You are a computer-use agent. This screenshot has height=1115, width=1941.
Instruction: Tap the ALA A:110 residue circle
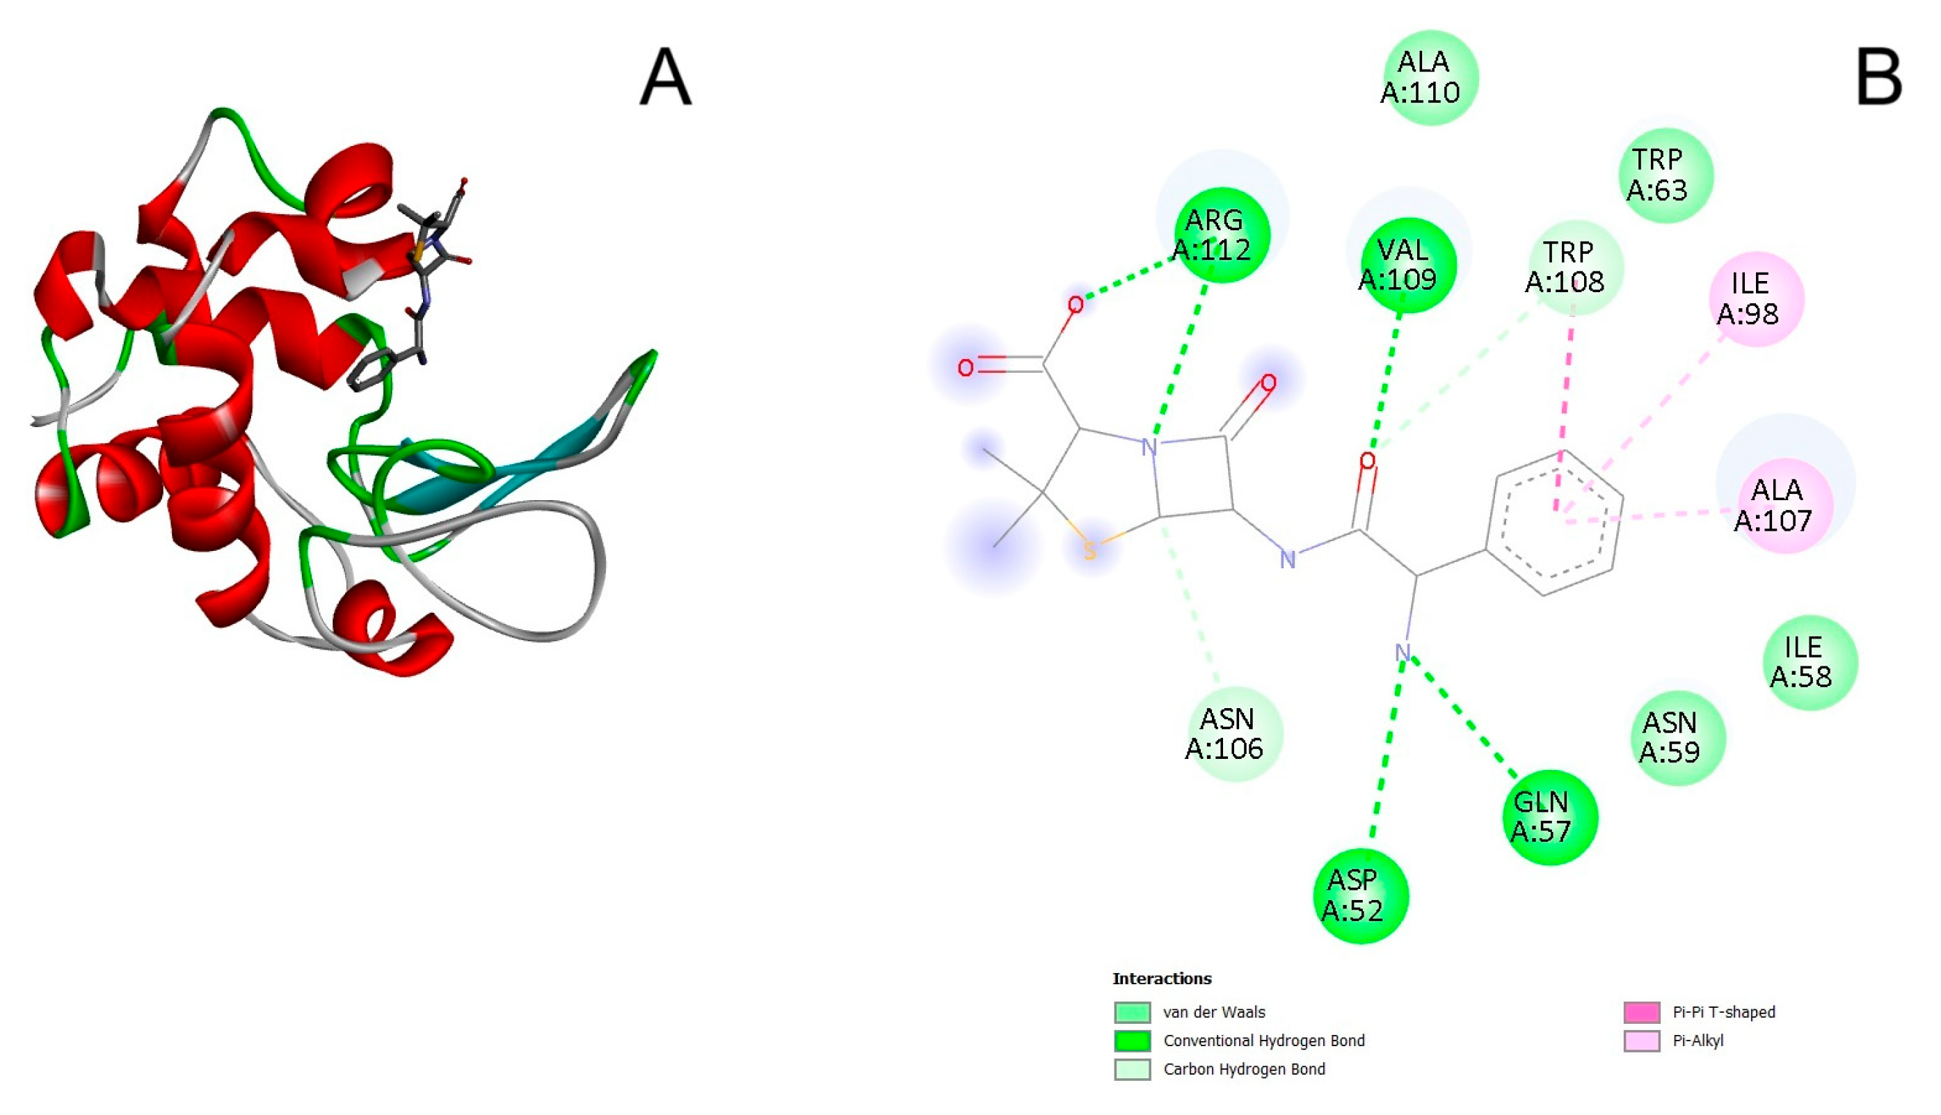tap(1430, 77)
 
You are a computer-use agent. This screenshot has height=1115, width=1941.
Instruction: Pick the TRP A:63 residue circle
tap(1666, 175)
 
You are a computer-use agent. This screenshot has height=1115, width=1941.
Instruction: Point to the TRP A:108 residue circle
tap(1575, 267)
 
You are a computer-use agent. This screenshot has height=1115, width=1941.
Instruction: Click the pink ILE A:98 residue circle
tap(1756, 298)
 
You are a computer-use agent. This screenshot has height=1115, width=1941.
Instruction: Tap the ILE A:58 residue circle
tap(1810, 662)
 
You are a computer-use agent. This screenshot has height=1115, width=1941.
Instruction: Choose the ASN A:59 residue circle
tap(1677, 737)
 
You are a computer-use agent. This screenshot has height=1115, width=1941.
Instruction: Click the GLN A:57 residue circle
tap(1550, 817)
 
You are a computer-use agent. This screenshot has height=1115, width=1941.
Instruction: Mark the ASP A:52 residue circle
tap(1361, 896)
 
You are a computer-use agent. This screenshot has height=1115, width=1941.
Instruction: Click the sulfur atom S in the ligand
tap(1089, 551)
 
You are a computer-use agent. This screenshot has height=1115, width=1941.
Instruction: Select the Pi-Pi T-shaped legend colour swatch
tap(1642, 1012)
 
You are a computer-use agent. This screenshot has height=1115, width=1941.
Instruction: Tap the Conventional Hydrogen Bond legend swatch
tap(1132, 1041)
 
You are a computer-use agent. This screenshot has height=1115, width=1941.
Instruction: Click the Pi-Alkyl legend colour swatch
tap(1642, 1041)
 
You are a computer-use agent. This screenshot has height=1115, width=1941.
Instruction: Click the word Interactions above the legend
tap(1162, 979)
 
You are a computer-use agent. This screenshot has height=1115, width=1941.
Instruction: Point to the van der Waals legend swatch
tap(1132, 1012)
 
